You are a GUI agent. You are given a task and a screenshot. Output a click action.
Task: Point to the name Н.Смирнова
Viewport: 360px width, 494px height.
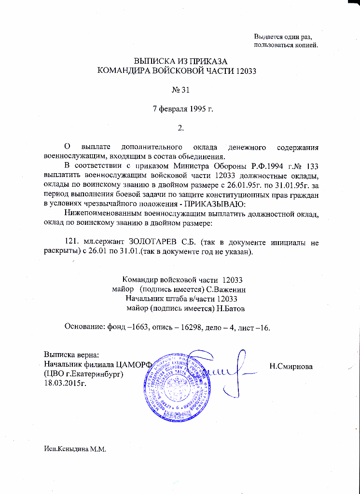[291, 366]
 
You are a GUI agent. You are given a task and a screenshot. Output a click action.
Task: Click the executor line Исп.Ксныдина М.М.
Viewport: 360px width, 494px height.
[74, 449]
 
